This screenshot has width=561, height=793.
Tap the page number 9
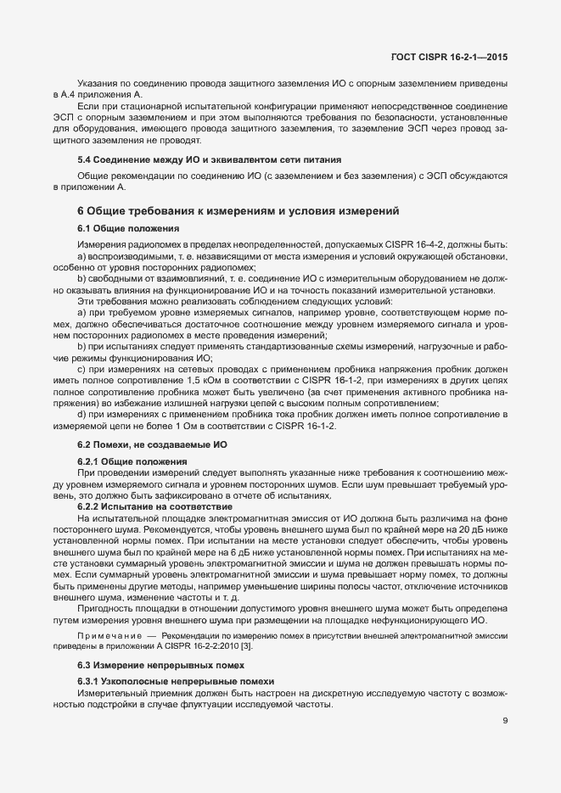pos(505,722)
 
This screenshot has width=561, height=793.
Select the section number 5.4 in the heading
pos(86,159)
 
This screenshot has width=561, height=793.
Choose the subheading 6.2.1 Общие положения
pos(132,461)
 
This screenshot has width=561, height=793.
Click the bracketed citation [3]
pos(245,646)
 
